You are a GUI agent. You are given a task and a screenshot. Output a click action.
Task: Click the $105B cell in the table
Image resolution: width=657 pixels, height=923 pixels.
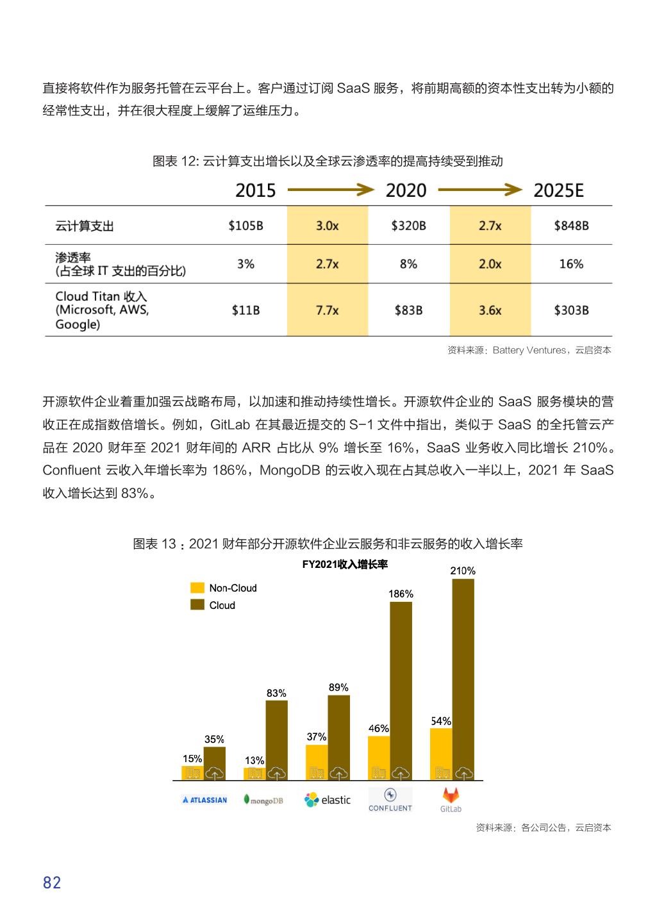(245, 226)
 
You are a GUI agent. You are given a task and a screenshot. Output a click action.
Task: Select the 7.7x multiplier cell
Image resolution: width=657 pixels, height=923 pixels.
(327, 310)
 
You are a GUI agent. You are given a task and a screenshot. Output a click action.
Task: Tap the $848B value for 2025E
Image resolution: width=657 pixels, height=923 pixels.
(570, 226)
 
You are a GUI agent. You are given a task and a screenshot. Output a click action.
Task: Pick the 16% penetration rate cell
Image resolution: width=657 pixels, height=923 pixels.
(570, 264)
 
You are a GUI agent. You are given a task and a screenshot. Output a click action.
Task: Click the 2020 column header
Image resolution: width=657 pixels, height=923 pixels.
(406, 190)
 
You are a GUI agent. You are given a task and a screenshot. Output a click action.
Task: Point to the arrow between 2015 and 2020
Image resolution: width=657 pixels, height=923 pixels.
(330, 190)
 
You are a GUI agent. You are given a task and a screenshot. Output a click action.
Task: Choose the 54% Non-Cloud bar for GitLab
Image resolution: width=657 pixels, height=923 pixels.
(441, 754)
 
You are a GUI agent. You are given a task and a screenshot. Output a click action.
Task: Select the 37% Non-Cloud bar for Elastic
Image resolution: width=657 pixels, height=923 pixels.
(317, 762)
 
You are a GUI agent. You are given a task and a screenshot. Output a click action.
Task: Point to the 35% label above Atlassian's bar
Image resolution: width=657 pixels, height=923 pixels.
(214, 740)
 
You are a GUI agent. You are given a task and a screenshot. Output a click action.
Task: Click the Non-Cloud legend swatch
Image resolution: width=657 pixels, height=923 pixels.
(197, 588)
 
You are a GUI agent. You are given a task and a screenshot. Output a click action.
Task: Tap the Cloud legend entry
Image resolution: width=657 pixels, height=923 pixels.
(222, 605)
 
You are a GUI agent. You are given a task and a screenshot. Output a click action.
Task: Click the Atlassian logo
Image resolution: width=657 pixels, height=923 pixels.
(204, 800)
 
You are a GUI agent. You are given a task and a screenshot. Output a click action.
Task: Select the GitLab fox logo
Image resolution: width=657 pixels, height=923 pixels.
(451, 795)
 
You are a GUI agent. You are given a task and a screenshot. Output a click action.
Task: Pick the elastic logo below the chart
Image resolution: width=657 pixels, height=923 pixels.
(328, 800)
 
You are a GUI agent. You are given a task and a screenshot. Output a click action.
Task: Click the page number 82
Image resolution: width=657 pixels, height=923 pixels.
(52, 883)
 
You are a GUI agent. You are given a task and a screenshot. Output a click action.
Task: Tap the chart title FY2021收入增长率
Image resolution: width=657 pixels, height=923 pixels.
(345, 565)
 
